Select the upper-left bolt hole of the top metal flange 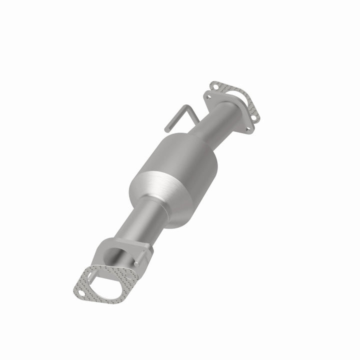(x=208, y=96)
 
